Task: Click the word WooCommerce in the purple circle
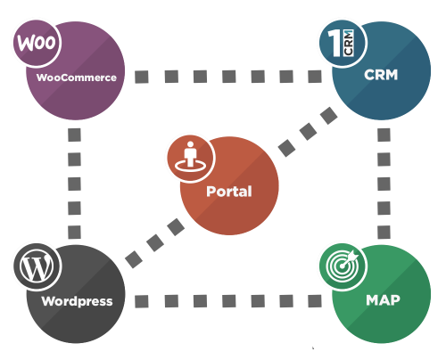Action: click(x=77, y=78)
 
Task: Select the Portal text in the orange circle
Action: click(x=228, y=191)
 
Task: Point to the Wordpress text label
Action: click(x=77, y=300)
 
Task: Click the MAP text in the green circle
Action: click(x=382, y=300)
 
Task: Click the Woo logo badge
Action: click(x=34, y=43)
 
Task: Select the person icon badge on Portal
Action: click(x=189, y=156)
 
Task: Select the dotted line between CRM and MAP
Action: click(x=384, y=183)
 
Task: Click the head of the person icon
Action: click(x=189, y=147)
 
